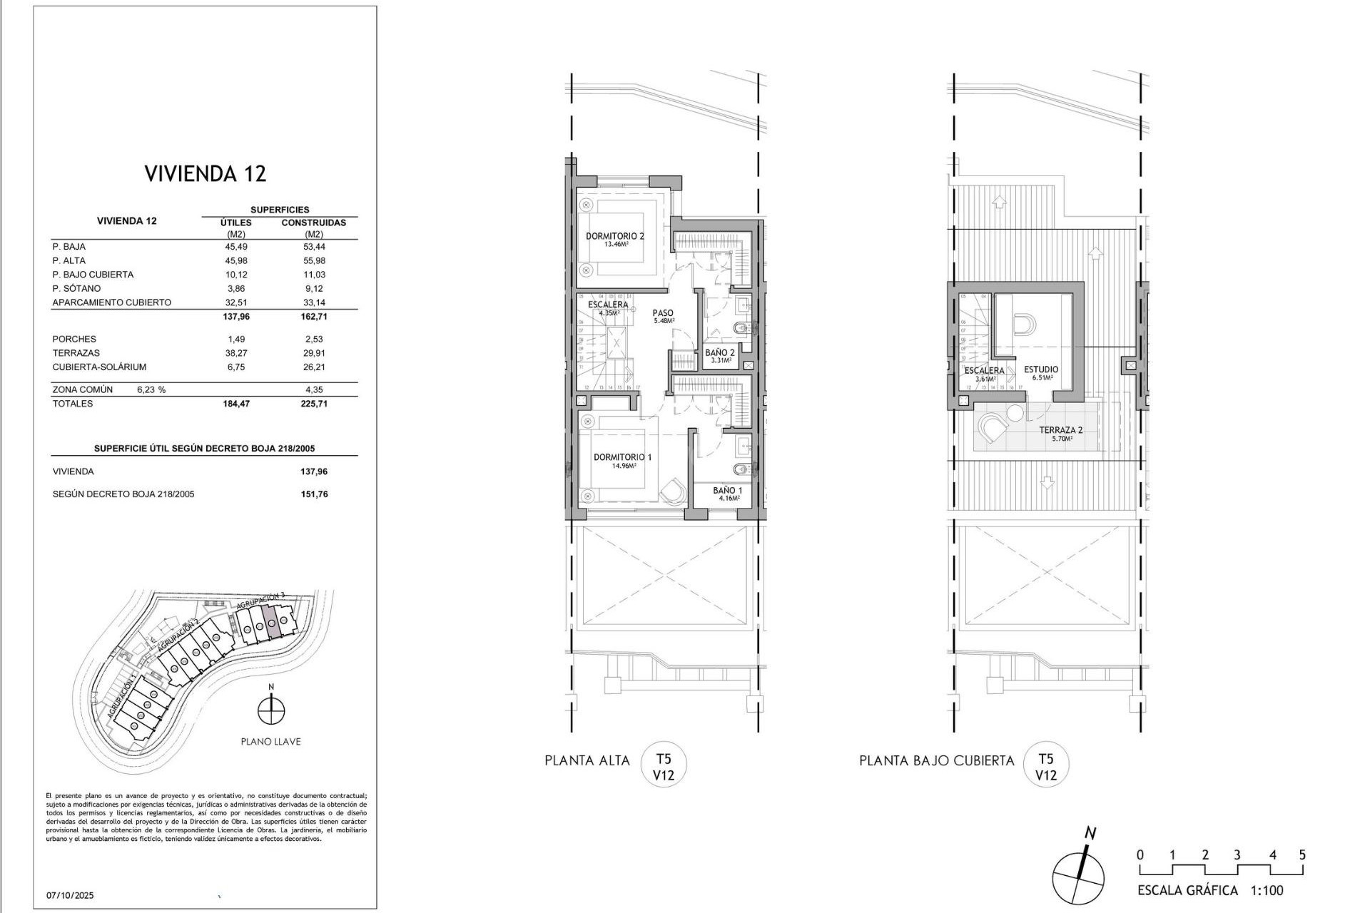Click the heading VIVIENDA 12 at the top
205,173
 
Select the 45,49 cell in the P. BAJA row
235,247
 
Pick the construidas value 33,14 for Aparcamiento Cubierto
313,302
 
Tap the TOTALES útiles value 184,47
235,404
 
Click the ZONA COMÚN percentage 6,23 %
151,390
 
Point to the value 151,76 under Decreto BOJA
314,494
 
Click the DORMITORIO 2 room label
614,236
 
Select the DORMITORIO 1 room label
622,457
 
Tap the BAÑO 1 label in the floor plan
727,491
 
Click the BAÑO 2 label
719,352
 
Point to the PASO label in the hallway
663,313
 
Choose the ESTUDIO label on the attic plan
1041,369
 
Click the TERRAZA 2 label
1060,430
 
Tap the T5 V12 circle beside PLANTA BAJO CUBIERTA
1045,766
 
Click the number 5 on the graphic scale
1302,855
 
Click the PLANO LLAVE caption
270,742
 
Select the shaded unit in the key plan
270,621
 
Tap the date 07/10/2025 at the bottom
70,895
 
